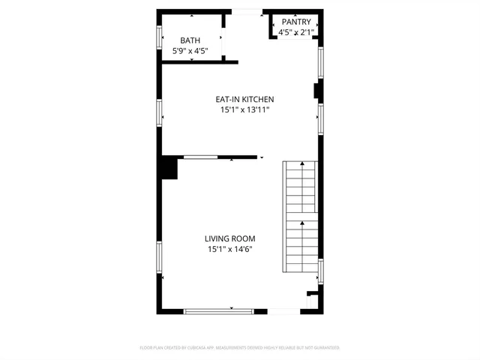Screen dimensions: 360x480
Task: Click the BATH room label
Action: [190, 40]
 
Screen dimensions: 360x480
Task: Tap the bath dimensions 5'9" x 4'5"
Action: [190, 51]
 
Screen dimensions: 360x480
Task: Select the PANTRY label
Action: [296, 22]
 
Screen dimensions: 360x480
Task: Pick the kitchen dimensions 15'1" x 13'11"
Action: [244, 109]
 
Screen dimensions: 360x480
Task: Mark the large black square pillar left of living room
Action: [167, 167]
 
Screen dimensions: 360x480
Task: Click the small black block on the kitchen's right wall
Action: [317, 91]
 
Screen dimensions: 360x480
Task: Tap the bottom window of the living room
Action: [219, 310]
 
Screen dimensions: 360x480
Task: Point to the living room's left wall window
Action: [159, 258]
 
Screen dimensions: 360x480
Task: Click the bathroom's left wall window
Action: [159, 36]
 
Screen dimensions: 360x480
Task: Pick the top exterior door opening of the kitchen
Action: [247, 11]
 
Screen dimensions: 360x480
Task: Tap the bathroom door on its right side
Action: [222, 42]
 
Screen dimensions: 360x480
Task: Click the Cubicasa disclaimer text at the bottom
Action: [240, 348]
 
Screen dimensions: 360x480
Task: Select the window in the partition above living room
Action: [201, 157]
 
